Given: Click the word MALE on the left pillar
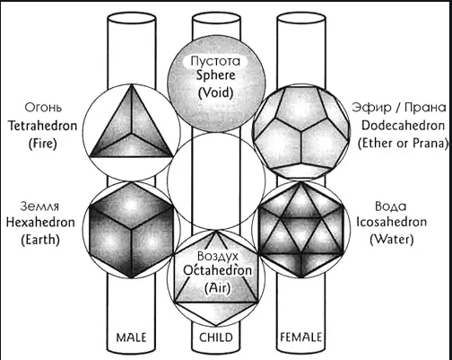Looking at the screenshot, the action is point(131,338).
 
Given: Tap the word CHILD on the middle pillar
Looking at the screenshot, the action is point(216,338).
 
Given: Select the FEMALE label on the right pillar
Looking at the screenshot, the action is point(300,338).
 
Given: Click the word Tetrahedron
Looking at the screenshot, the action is point(42,126).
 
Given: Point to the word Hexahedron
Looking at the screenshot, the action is point(40,223).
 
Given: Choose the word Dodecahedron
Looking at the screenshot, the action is point(403,126).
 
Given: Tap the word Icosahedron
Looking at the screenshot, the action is point(391,222).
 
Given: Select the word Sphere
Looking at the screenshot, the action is point(215,75).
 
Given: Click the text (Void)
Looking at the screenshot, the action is point(215,92).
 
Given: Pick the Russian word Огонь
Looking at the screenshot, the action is point(43,107).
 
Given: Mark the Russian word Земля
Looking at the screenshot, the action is point(39,206).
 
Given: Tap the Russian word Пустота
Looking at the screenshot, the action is point(215,61).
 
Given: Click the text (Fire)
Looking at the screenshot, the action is point(43,144).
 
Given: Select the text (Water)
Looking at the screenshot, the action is point(392,240).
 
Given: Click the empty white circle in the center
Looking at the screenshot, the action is point(216,180).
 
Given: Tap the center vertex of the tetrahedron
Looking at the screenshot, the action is point(131,133).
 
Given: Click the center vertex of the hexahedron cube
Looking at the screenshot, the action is point(132,230).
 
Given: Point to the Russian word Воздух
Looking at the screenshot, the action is point(218,257).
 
